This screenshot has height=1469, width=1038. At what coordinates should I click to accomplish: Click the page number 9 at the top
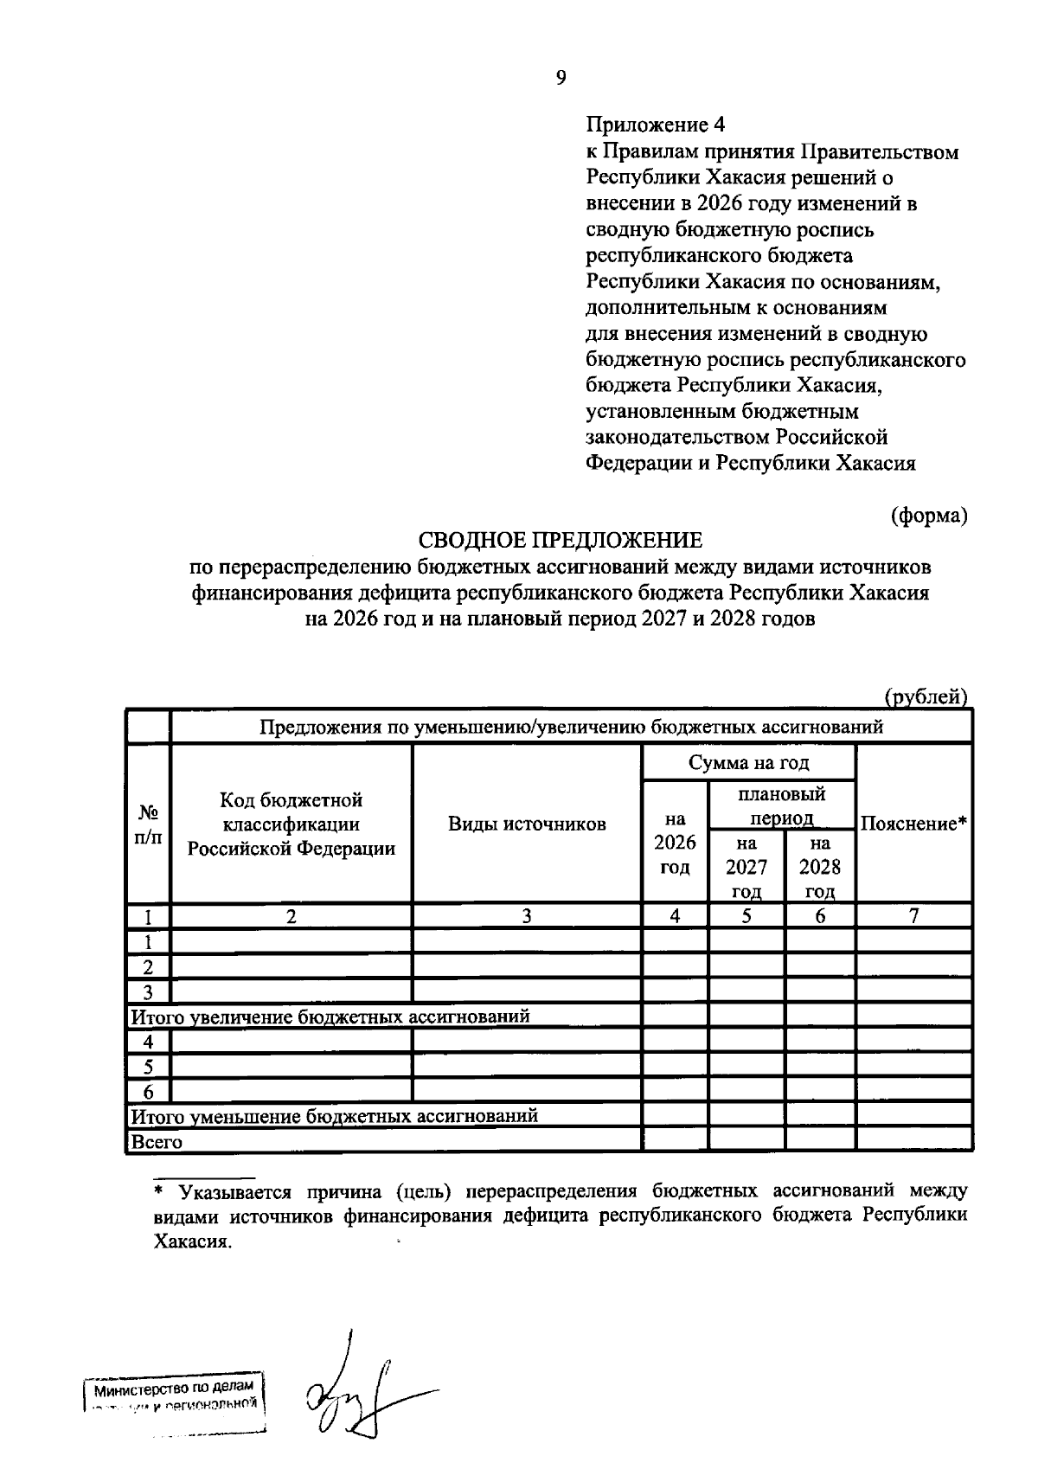tap(561, 79)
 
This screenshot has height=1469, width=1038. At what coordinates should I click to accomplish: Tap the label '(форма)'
tap(928, 516)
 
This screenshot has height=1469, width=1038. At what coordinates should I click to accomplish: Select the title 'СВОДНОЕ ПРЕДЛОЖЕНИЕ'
tap(561, 542)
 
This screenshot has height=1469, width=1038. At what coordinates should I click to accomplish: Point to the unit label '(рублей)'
tap(925, 696)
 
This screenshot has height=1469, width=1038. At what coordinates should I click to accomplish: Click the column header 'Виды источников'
tap(527, 824)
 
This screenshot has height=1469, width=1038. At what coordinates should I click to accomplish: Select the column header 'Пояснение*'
tap(913, 824)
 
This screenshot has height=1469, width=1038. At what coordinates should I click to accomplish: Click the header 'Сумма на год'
tap(748, 762)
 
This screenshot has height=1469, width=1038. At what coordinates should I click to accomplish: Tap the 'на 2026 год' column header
tap(675, 843)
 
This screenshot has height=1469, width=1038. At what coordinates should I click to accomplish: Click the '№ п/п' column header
tap(149, 824)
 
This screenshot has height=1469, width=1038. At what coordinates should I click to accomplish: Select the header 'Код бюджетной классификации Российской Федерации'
tap(292, 824)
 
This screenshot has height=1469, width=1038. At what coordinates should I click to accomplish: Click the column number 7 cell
tap(913, 916)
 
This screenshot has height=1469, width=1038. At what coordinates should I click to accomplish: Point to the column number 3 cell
tap(527, 916)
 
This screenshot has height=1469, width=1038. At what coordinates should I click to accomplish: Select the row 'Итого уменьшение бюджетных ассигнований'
tap(334, 1116)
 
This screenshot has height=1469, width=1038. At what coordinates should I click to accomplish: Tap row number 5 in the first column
tap(149, 1067)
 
